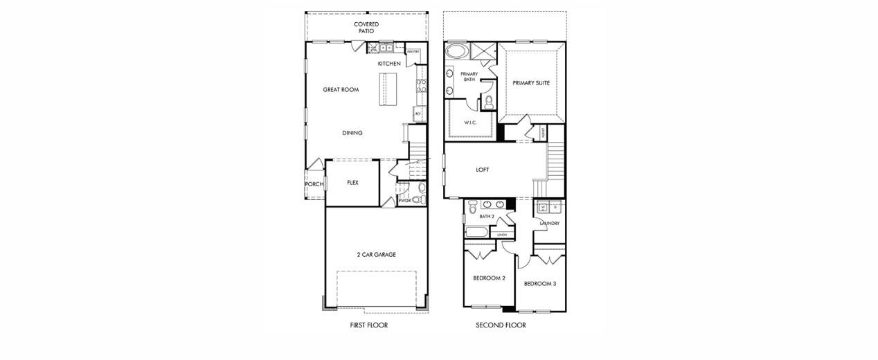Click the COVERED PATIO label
(366, 28)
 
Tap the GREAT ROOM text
(341, 90)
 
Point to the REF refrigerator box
(418, 113)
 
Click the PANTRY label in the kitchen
(413, 52)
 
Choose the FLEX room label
(352, 183)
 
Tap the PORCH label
(314, 184)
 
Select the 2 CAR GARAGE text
(376, 255)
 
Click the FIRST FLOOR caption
(368, 325)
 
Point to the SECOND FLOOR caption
(501, 325)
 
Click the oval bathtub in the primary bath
(456, 51)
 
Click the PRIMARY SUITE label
(531, 83)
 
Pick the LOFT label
(483, 170)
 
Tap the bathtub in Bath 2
(477, 231)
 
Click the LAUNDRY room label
(550, 224)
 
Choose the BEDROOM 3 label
(540, 284)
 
